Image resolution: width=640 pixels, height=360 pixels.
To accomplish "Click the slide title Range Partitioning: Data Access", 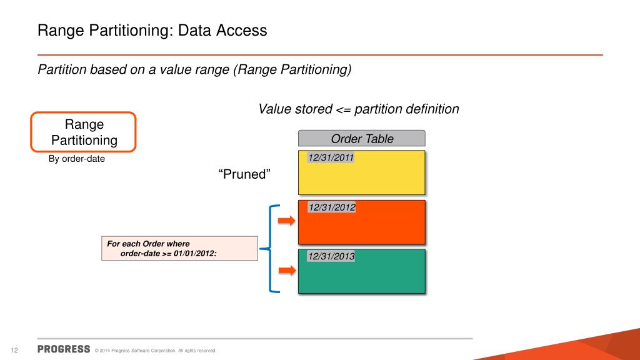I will pyautogui.click(x=152, y=30).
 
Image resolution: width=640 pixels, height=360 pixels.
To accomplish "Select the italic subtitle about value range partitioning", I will pyautogui.click(x=194, y=69).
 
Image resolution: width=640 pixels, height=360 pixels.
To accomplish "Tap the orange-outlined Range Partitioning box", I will pyautogui.click(x=84, y=132).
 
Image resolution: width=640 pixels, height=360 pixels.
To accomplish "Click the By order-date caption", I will pyautogui.click(x=77, y=159).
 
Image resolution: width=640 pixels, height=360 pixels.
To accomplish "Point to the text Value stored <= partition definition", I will pyautogui.click(x=359, y=109).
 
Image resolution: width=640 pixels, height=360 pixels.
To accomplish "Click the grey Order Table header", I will pyautogui.click(x=362, y=139).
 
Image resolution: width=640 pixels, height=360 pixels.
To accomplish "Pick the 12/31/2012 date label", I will pyautogui.click(x=331, y=207).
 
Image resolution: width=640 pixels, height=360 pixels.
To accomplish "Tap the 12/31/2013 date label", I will pyautogui.click(x=331, y=256).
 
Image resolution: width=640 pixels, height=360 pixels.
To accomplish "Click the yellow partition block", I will pyautogui.click(x=362, y=178).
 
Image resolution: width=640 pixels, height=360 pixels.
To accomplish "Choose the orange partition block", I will pyautogui.click(x=362, y=226).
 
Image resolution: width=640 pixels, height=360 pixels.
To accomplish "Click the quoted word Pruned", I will pyautogui.click(x=244, y=174).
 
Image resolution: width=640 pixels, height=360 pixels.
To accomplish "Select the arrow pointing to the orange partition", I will pyautogui.click(x=286, y=220).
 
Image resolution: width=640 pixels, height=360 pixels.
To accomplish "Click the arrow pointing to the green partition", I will pyautogui.click(x=286, y=270).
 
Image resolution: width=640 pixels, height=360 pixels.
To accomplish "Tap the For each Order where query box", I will pyautogui.click(x=179, y=248).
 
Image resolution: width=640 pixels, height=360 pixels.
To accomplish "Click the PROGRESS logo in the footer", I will pyautogui.click(x=64, y=349).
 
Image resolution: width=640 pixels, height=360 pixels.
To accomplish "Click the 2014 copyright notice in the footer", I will pyautogui.click(x=155, y=351).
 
